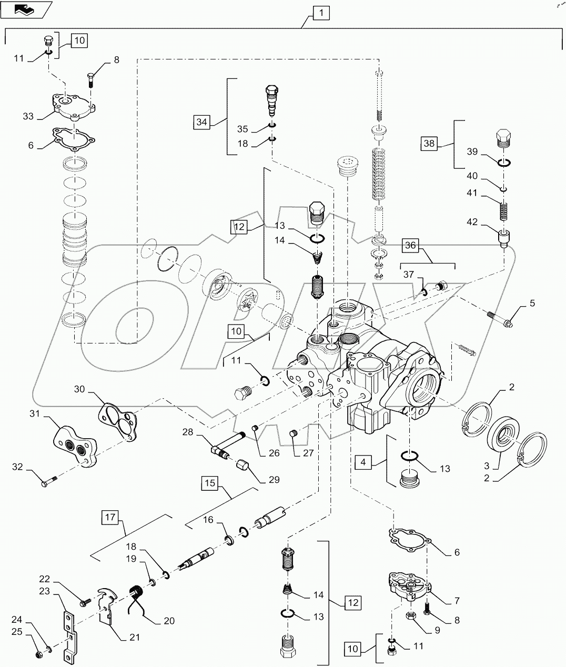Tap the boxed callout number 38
[430, 143]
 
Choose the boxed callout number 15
[210, 483]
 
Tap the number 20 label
[168, 620]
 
